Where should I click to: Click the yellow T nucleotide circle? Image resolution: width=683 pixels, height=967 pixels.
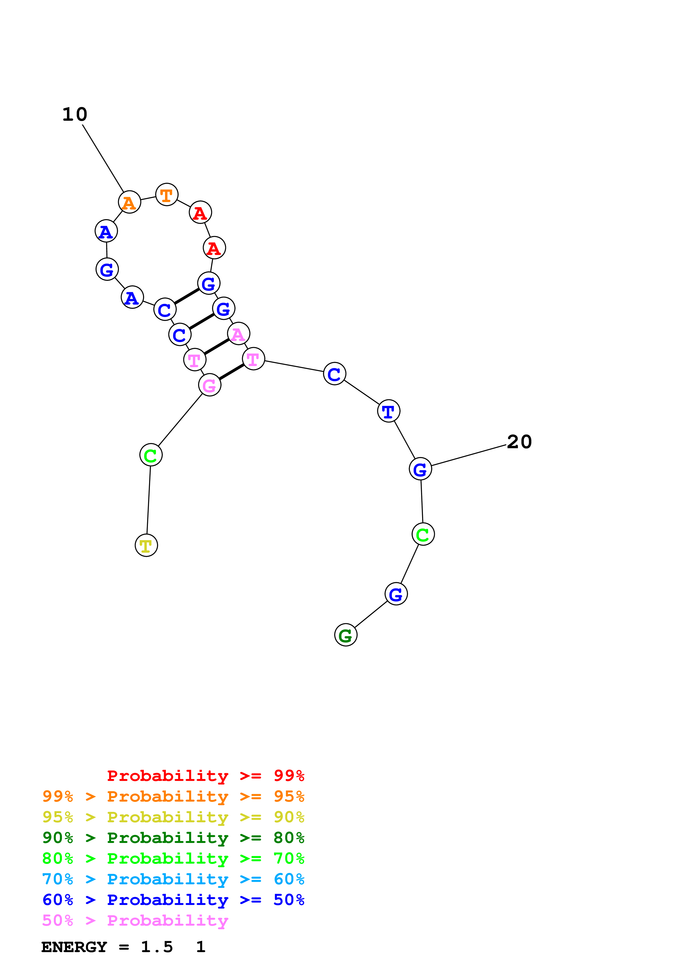coord(146,546)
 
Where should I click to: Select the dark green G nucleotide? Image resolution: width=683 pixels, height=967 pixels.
coord(345,635)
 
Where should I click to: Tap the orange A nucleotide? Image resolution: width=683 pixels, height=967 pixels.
coord(129,202)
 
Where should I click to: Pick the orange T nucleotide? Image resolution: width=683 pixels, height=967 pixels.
coord(167,195)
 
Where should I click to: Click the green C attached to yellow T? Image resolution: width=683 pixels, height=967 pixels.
coord(151,455)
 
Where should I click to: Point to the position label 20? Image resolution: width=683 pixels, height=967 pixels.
coord(519,442)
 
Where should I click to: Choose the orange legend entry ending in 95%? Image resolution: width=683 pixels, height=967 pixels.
coord(173,796)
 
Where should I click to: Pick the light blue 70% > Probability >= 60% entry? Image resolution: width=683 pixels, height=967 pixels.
coord(173,879)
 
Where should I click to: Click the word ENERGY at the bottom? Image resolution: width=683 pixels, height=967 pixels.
coord(74,947)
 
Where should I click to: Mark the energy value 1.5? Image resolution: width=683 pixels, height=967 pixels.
coord(156,947)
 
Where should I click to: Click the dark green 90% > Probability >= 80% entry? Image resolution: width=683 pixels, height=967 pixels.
coord(173,838)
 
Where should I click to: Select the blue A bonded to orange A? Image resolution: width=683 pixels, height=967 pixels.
coord(106,231)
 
